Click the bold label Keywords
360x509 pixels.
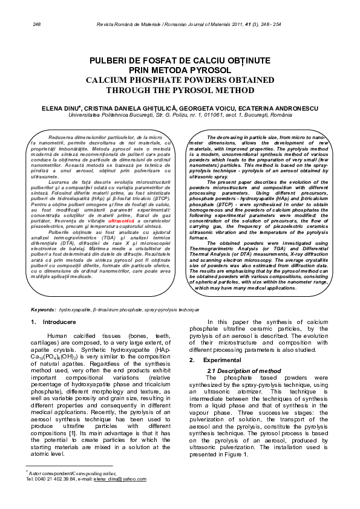43,310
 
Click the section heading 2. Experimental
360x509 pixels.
211,360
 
